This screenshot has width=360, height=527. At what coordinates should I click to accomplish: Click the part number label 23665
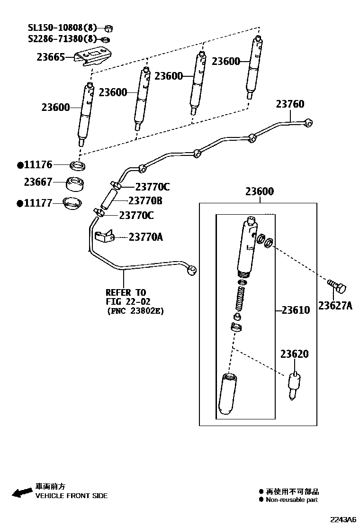click(x=51, y=57)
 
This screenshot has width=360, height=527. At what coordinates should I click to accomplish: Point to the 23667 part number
click(x=38, y=182)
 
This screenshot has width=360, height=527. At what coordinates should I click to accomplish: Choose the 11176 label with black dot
click(x=35, y=165)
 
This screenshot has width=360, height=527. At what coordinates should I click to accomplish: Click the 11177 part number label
click(x=35, y=203)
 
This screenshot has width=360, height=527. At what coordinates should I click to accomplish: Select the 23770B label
click(x=145, y=201)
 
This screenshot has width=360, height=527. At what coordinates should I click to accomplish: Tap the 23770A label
click(x=146, y=236)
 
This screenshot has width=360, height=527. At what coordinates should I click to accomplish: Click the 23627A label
click(x=335, y=306)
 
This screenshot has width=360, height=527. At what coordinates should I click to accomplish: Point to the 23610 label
click(x=296, y=310)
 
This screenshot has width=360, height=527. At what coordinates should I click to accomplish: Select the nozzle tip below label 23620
click(x=294, y=386)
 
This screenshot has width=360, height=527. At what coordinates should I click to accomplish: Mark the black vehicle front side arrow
click(x=22, y=492)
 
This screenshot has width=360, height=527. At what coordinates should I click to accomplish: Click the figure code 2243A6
click(x=343, y=519)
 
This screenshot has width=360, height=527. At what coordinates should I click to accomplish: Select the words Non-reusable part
click(x=291, y=500)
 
